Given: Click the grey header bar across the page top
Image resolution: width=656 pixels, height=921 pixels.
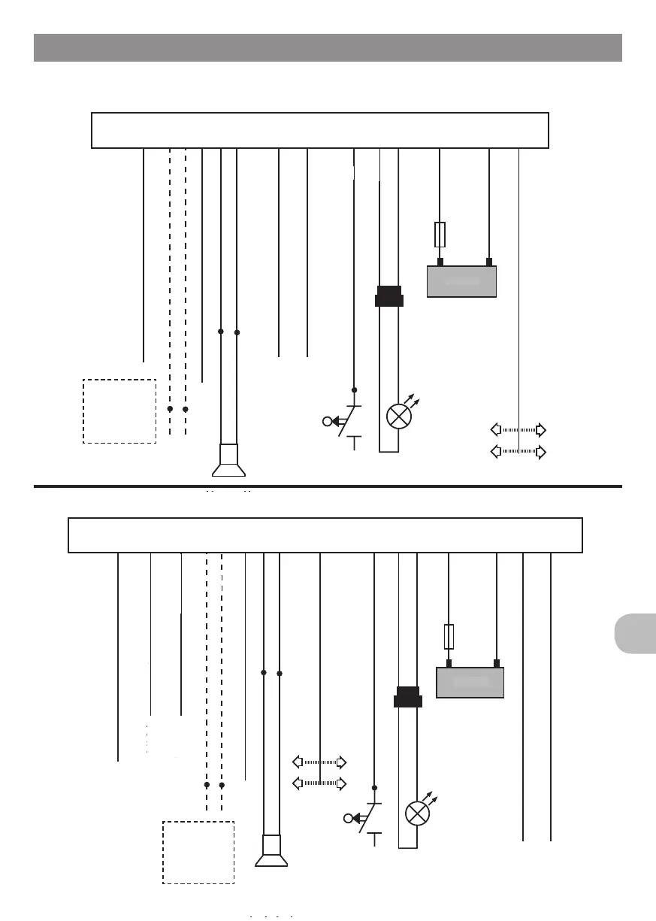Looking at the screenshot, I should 328,47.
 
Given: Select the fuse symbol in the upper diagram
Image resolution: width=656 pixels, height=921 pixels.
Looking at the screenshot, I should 440,235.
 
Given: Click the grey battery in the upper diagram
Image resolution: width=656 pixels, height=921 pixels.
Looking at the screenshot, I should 461,281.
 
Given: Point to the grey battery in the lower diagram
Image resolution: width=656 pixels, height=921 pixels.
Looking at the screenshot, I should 470,683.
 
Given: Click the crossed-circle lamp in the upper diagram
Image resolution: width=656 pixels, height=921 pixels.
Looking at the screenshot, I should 398,416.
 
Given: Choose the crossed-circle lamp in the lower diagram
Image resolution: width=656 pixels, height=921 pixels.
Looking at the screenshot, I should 416,813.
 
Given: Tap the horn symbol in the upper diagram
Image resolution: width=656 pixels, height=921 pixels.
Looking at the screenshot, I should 228,462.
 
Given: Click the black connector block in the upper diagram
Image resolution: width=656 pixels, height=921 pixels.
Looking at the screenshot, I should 388,296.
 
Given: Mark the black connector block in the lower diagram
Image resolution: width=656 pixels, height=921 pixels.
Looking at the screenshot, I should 408,697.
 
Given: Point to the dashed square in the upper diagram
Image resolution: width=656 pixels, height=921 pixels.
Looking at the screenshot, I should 119,411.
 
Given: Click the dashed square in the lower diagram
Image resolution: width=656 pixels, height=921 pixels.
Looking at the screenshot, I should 198,853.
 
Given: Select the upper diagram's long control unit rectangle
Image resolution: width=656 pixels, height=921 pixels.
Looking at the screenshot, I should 319,131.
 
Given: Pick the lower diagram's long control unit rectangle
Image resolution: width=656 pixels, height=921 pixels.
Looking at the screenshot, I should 325,535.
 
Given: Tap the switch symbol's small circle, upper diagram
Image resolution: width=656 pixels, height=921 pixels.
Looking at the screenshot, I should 327,421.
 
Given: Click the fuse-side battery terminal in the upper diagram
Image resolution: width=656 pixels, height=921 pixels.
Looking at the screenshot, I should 440,262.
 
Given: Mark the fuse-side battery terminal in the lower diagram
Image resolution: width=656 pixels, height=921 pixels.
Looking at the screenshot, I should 449,663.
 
